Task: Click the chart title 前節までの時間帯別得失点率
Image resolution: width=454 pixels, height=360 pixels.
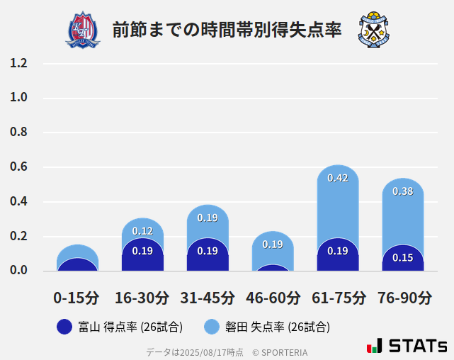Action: [227, 30]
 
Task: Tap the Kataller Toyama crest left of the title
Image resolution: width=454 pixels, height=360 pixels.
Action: [83, 30]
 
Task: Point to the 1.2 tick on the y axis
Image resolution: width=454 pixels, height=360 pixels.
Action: [18, 63]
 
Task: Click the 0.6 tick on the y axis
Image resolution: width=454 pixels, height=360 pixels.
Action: [18, 167]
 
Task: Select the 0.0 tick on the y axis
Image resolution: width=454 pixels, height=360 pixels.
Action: [18, 271]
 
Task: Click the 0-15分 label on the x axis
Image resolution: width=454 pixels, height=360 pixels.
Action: [76, 298]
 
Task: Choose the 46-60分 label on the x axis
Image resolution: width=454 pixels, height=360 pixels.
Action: [273, 298]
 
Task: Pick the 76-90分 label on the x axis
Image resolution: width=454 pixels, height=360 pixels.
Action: [403, 298]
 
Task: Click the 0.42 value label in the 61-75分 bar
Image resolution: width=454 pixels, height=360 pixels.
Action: [338, 178]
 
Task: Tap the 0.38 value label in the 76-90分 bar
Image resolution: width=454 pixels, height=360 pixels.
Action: [403, 191]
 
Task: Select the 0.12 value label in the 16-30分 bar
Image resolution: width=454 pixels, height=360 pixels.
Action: [142, 231]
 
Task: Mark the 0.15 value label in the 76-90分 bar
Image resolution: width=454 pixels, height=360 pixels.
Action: [403, 257]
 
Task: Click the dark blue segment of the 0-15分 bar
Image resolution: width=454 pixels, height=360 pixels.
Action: [76, 265]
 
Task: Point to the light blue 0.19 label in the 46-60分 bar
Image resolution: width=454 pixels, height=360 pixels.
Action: [273, 244]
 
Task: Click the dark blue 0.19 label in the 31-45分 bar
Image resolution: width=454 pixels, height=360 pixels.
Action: [208, 250]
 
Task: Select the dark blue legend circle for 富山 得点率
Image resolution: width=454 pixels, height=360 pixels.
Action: [64, 327]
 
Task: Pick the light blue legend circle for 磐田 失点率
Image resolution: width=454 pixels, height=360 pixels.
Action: [212, 327]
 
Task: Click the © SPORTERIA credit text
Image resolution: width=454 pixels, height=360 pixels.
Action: [280, 351]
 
